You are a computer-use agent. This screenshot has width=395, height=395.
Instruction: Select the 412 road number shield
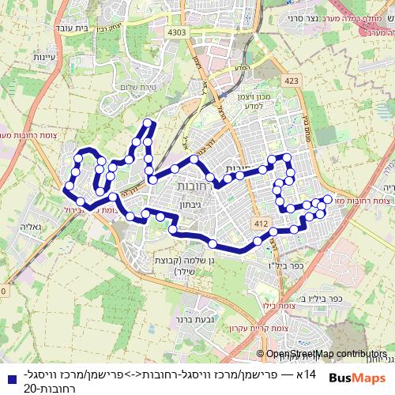(x=258, y=226)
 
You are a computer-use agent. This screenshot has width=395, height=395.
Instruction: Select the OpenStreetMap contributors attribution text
(x=325, y=354)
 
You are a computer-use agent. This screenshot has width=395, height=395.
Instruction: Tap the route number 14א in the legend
(x=307, y=373)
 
